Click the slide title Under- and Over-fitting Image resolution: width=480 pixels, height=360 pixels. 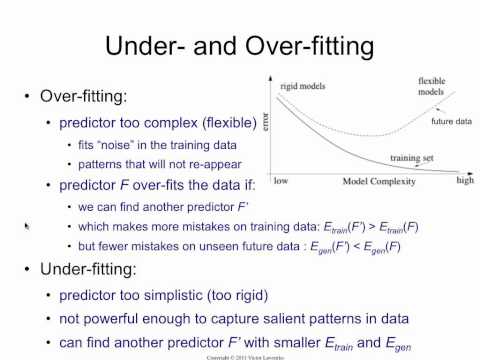(x=240, y=46)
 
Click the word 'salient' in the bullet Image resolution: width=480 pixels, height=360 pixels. (x=296, y=319)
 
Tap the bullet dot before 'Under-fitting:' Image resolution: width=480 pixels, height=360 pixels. (x=25, y=270)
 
